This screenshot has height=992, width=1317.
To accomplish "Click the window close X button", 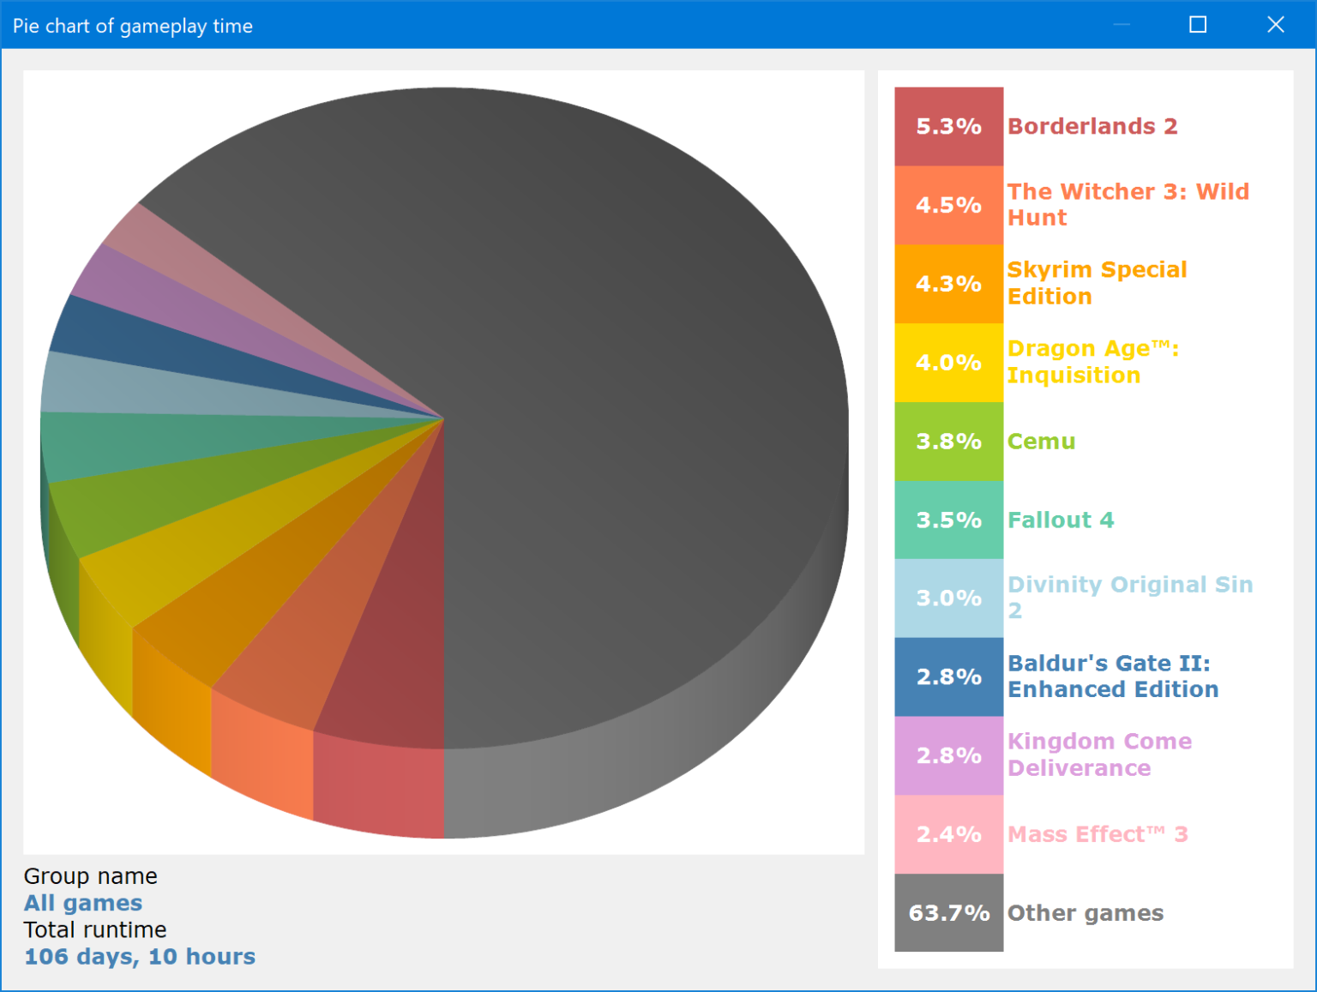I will click(1275, 25).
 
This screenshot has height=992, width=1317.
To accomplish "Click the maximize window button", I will click(1198, 25).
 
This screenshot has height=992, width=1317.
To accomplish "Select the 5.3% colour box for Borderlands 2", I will click(948, 126).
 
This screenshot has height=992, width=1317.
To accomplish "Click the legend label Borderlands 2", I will click(1092, 126).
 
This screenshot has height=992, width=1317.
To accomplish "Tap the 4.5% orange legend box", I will click(948, 205).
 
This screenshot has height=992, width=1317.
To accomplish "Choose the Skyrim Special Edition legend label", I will click(1097, 283).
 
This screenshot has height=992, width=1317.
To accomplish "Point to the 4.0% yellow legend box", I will click(948, 363).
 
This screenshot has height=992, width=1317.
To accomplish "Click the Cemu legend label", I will click(1041, 442).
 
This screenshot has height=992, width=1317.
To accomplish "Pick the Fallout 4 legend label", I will click(1061, 520).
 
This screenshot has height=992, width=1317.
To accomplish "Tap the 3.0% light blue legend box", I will click(948, 598).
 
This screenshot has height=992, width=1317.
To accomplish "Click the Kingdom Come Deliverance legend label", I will click(1099, 755).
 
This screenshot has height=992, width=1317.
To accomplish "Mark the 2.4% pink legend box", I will click(948, 834).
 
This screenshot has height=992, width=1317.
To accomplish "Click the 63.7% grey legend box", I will click(948, 913).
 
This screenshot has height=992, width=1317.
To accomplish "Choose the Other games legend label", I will click(1085, 913).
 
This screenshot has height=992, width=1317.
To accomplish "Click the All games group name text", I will click(83, 903).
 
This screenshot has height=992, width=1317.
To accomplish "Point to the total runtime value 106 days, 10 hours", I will click(140, 957).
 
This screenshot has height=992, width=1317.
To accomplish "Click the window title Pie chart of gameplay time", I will click(133, 26).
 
